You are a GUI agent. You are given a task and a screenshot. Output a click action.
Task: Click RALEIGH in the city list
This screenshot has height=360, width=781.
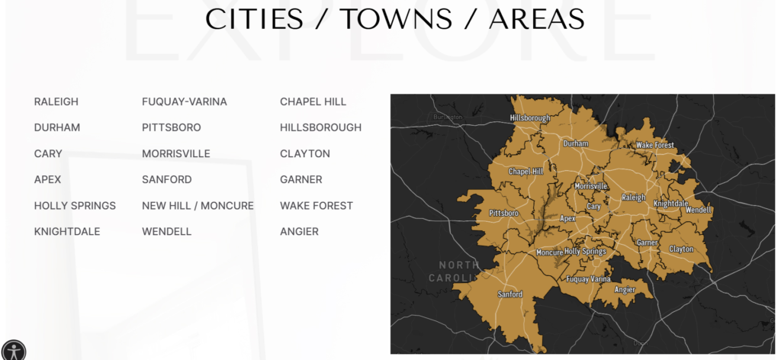pyautogui.click(x=56, y=101)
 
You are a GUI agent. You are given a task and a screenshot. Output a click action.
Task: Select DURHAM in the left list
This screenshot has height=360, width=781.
pyautogui.click(x=57, y=127)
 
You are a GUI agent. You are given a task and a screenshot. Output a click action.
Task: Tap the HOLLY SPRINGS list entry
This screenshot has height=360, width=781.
pyautogui.click(x=75, y=205)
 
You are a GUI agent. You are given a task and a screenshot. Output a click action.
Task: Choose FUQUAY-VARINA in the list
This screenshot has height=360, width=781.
pyautogui.click(x=185, y=101)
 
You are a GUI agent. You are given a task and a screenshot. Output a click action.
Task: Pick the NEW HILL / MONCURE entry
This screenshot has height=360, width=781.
pyautogui.click(x=198, y=205)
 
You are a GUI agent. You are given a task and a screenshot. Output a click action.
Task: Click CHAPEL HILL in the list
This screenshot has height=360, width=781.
pyautogui.click(x=313, y=101)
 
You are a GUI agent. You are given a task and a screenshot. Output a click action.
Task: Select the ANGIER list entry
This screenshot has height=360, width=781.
pyautogui.click(x=299, y=231)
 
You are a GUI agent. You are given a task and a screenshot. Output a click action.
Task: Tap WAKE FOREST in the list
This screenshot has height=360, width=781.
pyautogui.click(x=317, y=205)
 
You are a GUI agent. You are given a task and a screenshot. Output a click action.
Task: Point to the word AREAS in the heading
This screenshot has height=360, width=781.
pyautogui.click(x=536, y=19)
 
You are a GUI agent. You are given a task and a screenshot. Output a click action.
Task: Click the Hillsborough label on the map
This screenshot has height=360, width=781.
pyautogui.click(x=530, y=118)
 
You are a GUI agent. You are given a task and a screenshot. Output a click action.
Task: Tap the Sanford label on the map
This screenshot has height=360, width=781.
pyautogui.click(x=509, y=294)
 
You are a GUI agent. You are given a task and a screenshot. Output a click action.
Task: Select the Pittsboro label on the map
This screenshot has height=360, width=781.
pyautogui.click(x=503, y=213)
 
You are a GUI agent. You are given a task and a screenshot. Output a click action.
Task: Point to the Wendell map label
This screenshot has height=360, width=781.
pyautogui.click(x=699, y=210)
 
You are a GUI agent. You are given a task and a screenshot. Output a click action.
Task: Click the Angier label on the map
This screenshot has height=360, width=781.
pyautogui.click(x=625, y=290)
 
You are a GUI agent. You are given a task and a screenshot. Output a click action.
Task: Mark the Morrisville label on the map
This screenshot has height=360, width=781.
pyautogui.click(x=591, y=186)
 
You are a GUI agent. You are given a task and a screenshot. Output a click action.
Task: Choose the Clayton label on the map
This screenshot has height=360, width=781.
pyautogui.click(x=681, y=249)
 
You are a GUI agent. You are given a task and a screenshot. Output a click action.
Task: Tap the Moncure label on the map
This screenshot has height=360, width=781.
pyautogui.click(x=549, y=252)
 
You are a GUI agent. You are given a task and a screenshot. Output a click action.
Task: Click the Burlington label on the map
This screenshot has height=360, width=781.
pyautogui.click(x=447, y=117)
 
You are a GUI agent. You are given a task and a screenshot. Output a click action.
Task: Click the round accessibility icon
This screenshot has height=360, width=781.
pyautogui.click(x=13, y=350)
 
